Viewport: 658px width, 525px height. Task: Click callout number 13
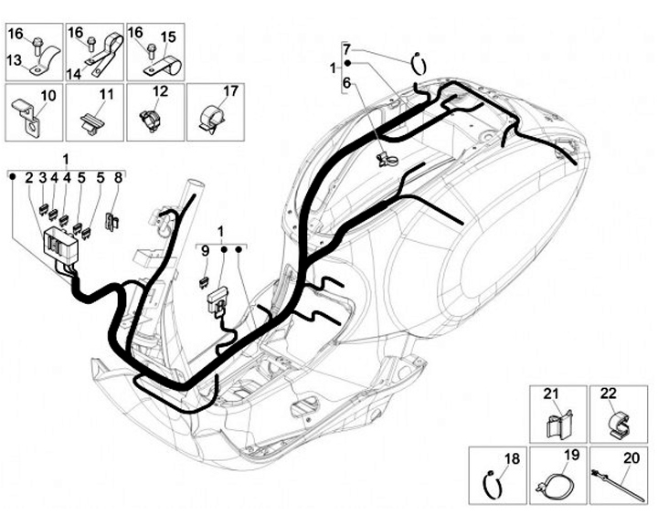pyautogui.click(x=15, y=60)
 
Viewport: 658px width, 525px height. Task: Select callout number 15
pyautogui.click(x=167, y=37)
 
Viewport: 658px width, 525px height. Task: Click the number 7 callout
pyautogui.click(x=347, y=47)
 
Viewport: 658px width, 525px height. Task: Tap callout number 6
pyautogui.click(x=347, y=83)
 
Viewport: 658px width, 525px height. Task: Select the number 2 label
pyautogui.click(x=29, y=178)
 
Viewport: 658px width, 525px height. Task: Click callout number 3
pyautogui.click(x=43, y=178)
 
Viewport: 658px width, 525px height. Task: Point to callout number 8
pyautogui.click(x=117, y=178)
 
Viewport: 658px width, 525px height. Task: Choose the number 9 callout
pyautogui.click(x=206, y=249)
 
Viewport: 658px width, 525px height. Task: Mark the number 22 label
pyautogui.click(x=608, y=394)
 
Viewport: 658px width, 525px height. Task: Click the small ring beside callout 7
pyautogui.click(x=420, y=65)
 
